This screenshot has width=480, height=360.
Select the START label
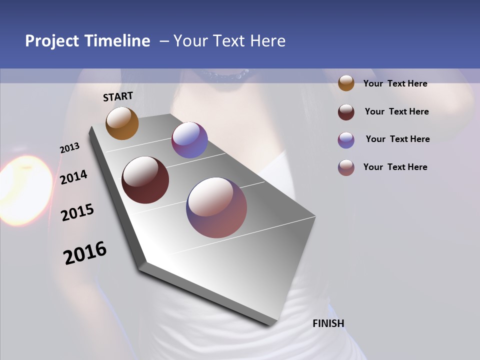point(118,96)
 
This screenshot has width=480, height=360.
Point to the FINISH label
point(328,323)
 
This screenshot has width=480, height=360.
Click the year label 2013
point(69,148)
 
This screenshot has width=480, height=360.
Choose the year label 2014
point(73,177)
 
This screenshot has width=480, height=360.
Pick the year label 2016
point(85,253)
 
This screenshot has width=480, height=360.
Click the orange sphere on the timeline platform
point(122,123)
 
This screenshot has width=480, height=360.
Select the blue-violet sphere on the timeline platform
point(189,140)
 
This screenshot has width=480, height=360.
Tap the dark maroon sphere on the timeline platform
point(145,180)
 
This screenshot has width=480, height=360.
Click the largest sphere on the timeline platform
point(216,207)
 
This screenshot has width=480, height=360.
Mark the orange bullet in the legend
point(346,83)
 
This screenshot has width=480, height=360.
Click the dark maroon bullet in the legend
point(346,112)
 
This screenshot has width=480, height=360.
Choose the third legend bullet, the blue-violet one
point(346,140)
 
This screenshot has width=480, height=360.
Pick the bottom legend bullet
point(346,167)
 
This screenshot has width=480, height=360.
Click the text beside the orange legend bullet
point(395,83)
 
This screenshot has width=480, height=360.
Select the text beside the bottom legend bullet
point(395,167)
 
